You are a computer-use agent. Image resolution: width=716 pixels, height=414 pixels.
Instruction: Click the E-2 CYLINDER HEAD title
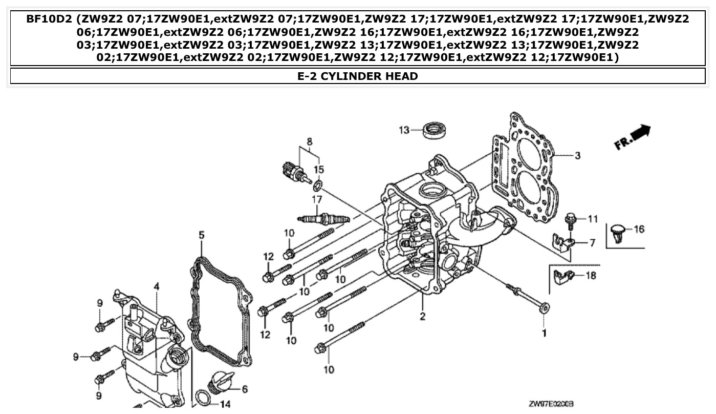[358, 76]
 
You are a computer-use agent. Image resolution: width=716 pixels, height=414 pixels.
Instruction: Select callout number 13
[404, 130]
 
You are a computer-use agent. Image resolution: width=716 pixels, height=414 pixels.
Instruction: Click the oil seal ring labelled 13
[434, 130]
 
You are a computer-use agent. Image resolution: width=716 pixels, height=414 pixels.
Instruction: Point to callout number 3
[577, 155]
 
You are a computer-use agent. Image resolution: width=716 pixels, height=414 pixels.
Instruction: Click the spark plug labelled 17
[325, 219]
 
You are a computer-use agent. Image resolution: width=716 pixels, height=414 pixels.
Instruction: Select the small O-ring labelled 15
[317, 184]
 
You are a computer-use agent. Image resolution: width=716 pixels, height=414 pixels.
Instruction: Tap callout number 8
[310, 141]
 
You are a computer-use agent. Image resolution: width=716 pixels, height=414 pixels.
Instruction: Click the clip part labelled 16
[619, 233]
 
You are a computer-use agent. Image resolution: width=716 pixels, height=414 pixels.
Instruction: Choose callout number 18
[591, 276]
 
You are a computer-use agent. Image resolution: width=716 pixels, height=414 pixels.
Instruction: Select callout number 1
[544, 333]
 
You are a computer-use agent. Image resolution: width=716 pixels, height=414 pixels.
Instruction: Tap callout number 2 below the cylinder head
[422, 316]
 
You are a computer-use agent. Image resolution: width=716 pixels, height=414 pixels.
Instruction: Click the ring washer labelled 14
[202, 398]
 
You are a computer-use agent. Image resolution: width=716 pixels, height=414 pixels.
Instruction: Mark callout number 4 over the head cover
[157, 286]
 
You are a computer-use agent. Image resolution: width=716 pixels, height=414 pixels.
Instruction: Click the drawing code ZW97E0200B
[552, 404]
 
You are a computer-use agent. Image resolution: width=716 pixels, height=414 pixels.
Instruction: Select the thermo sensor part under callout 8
[294, 171]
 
